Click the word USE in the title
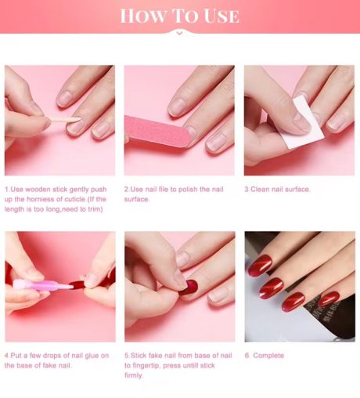coord(221,16)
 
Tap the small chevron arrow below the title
coord(179,33)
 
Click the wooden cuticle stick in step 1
coord(65,120)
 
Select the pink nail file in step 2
coord(157,130)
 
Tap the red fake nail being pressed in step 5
coord(189,288)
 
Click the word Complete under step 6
coord(268,356)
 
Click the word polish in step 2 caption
coord(185,189)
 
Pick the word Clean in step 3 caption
coord(260,189)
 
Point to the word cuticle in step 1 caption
coord(75,199)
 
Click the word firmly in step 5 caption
coord(134,375)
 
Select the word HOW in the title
coord(143,16)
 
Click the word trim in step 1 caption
coord(95,209)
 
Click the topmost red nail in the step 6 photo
coord(260,264)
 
